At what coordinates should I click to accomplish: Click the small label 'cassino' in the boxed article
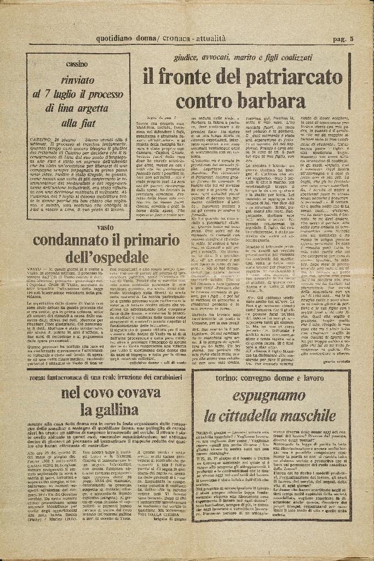point(77,65)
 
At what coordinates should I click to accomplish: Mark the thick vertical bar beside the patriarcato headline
point(349,81)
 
